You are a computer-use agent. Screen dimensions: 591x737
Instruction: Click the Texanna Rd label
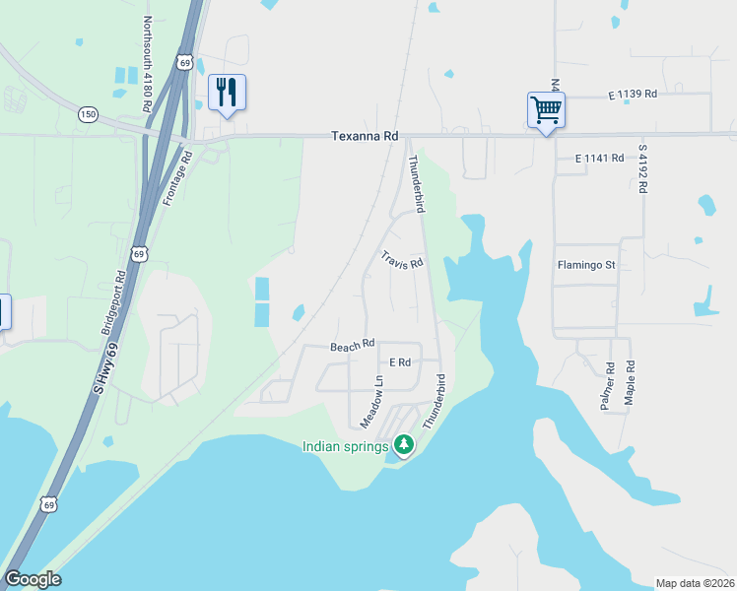point(364,135)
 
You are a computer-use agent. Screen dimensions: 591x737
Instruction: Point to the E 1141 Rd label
point(599,158)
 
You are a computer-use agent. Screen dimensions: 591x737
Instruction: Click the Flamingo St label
point(585,265)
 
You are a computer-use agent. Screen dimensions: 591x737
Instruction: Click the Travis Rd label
point(402,261)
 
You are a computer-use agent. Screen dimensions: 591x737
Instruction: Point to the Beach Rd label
point(353,346)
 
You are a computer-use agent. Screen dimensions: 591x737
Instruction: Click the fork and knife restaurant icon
point(227,93)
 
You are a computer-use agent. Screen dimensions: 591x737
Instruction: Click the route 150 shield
point(88,114)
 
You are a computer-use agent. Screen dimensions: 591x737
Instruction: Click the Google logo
point(33,579)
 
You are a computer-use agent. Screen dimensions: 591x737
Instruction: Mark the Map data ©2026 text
point(695,583)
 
